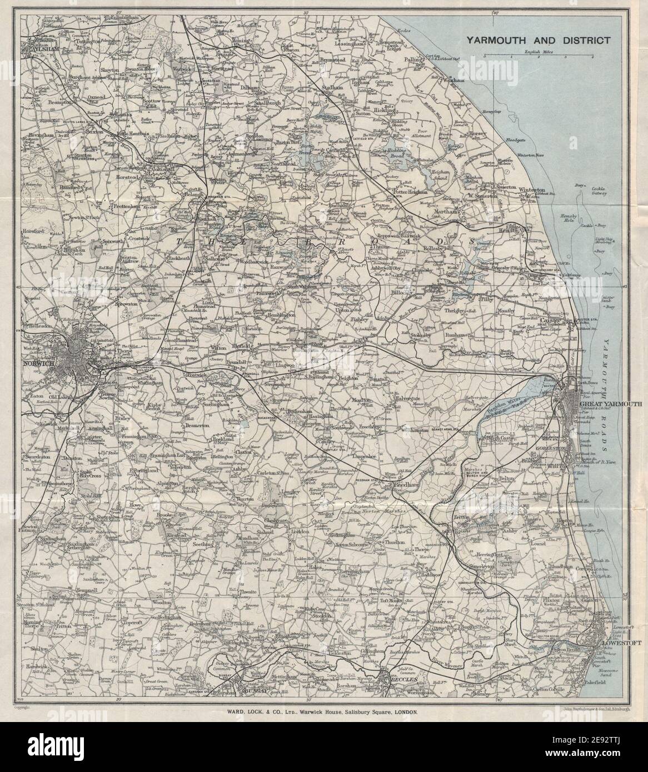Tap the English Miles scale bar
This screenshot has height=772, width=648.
click(537, 56)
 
